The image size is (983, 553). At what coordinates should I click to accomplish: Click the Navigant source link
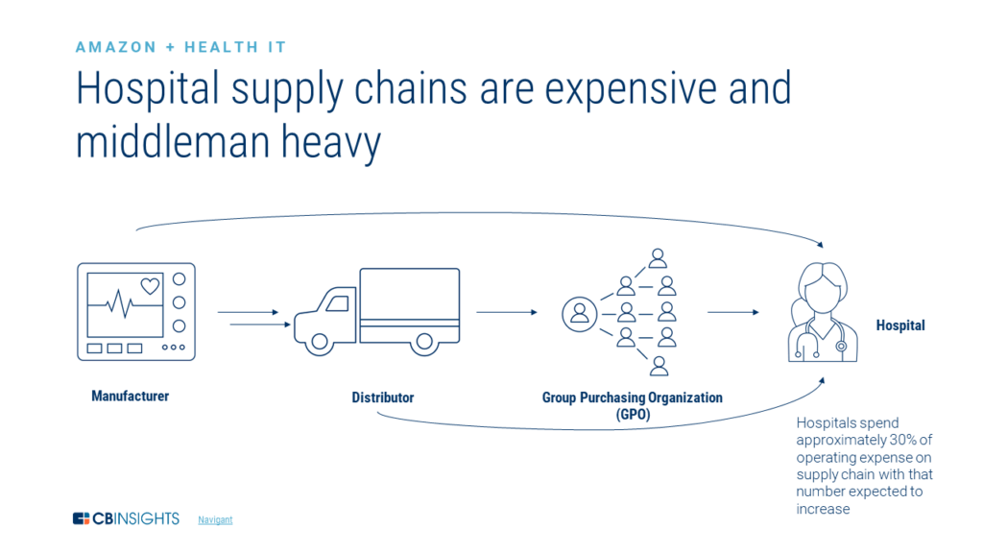pos(215,519)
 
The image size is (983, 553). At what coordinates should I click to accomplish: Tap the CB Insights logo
pos(126,518)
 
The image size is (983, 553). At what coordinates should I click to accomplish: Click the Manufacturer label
pos(131,396)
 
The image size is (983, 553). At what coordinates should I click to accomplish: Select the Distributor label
pos(382,397)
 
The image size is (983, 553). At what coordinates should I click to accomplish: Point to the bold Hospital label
pos(900,325)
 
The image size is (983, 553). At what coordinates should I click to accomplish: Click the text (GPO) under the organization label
pos(633,415)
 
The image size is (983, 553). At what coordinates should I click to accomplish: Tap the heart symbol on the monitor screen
pos(150,286)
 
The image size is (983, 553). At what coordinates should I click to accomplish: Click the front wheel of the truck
pos(320,343)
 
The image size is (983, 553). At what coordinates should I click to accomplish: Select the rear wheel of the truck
pos(424,343)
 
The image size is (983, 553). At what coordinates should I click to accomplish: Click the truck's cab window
pos(338,303)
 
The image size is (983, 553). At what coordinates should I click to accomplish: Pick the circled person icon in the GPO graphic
pos(579,314)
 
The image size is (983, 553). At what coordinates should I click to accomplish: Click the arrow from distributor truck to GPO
pos(507,312)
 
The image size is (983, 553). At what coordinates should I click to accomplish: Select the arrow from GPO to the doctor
pos(732,312)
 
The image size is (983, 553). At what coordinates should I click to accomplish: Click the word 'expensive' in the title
pos(630,88)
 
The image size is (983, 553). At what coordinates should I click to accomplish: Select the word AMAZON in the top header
pos(116,47)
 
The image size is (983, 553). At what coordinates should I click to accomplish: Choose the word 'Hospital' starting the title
pos(147,88)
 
